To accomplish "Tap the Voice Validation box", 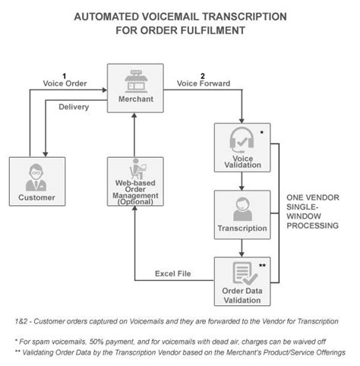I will tap(241, 147).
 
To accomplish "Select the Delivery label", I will tap(74, 107).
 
